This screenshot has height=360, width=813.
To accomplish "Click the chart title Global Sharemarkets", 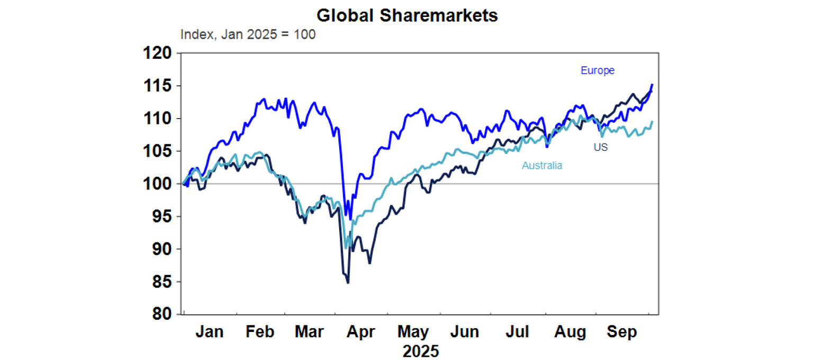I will [x=407, y=16].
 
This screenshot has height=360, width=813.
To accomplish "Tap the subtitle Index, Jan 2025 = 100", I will [x=248, y=35].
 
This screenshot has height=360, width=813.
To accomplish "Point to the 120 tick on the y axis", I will [x=158, y=53].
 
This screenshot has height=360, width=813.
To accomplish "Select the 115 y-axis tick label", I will [x=158, y=86].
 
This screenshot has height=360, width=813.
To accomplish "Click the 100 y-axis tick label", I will [x=158, y=184].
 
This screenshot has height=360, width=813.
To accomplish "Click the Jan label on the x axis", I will [x=209, y=332].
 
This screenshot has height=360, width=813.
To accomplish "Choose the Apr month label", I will [x=360, y=332].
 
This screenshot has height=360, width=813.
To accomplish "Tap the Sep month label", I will [x=622, y=332].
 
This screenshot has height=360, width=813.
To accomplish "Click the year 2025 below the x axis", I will [x=421, y=350].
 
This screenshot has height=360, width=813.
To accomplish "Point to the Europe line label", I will [x=598, y=70].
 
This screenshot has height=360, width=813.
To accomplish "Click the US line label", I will [x=600, y=147].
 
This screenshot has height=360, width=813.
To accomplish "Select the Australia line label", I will [x=542, y=165].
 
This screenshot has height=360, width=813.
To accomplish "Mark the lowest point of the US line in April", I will [x=348, y=283].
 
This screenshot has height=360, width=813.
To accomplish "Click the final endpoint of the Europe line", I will [x=652, y=85].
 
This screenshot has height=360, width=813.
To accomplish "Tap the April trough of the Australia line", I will [x=346, y=248].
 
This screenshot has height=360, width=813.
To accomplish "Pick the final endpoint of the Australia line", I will [x=652, y=122].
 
